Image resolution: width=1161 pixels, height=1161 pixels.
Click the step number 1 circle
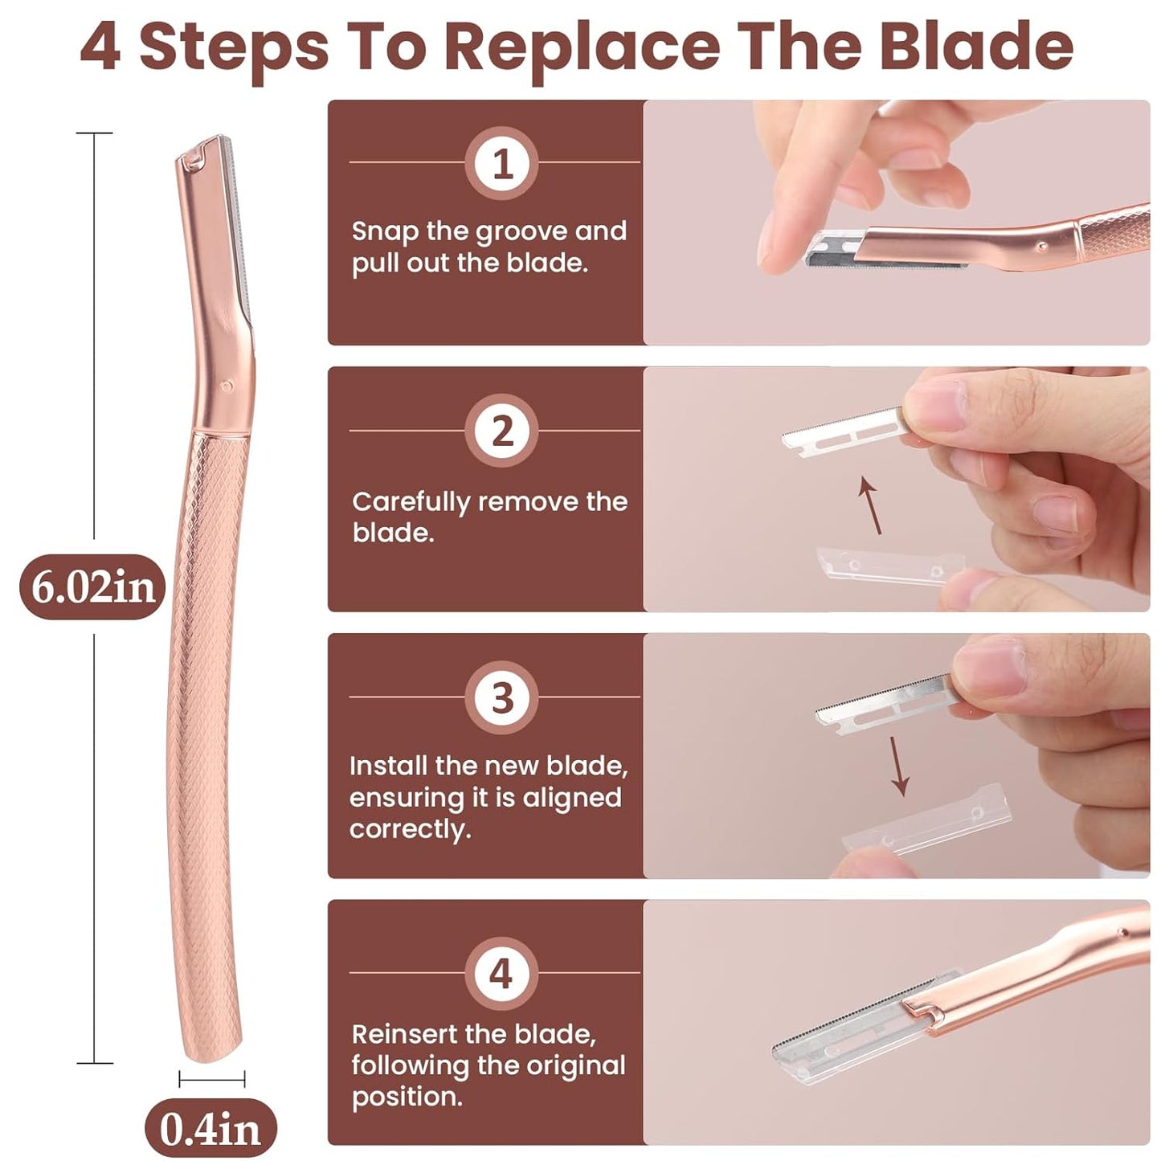[502, 164]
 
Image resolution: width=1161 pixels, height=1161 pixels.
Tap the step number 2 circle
[502, 431]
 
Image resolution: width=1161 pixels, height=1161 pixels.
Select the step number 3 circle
[502, 697]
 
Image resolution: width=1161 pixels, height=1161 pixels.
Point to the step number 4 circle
[502, 974]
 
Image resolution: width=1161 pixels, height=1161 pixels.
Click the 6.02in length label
[92, 587]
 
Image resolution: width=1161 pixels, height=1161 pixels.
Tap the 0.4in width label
[211, 1129]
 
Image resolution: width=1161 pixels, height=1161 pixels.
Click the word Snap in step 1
[385, 231]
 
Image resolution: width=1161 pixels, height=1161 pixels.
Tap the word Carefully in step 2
[411, 502]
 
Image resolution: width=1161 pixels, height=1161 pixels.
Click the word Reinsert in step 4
[412, 1034]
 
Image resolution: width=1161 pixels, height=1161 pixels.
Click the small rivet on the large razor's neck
[227, 386]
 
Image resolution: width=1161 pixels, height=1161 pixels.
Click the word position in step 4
[407, 1097]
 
